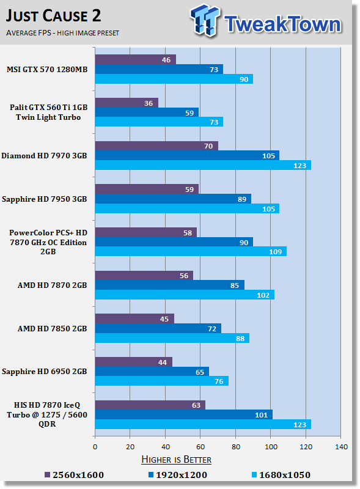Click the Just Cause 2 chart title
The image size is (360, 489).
53,16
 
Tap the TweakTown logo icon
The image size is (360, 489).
205,20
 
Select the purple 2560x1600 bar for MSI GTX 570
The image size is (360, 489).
136,59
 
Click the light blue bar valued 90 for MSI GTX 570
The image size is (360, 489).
174,79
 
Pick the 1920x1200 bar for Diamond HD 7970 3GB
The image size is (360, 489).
187,155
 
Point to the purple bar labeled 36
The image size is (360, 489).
127,103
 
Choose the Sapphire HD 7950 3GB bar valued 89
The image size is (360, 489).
173,199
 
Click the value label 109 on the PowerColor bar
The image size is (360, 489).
276,252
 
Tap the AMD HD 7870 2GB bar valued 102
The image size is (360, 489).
185,295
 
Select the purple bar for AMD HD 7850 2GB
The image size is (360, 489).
134,318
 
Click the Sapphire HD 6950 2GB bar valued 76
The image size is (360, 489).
161,381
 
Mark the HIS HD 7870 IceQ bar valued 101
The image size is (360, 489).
184,414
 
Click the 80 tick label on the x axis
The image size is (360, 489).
236,447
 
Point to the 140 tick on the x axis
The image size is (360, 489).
341,447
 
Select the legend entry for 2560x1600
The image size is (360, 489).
74,475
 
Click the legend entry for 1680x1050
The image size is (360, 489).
281,475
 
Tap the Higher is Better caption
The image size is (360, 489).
176,460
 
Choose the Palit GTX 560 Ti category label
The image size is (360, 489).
48,112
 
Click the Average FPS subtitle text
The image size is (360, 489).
62,33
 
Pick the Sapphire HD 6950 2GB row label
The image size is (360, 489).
44,372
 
